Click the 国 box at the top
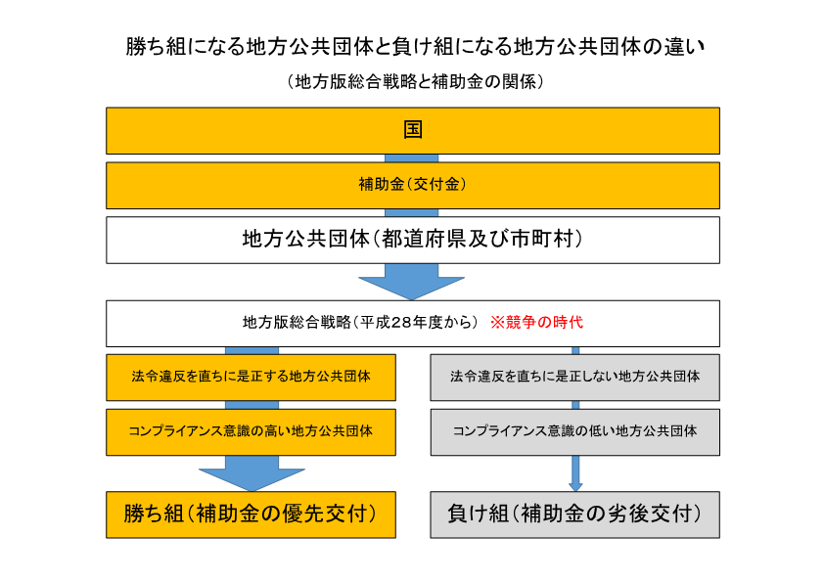(413, 131)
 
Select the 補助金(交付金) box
(413, 186)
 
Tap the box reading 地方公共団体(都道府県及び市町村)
(413, 240)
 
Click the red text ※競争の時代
(536, 322)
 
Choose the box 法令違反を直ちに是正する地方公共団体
(251, 378)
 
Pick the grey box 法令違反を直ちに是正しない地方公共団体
(574, 378)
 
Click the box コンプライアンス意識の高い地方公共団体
(251, 432)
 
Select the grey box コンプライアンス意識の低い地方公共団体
(574, 432)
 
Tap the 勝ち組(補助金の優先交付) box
(251, 515)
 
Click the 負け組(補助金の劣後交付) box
(574, 515)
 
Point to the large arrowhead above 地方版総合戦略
(411, 287)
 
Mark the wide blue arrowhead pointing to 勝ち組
(252, 478)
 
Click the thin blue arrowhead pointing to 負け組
(575, 487)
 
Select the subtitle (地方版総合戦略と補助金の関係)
(415, 81)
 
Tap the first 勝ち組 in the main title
(156, 47)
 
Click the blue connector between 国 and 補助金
(411, 158)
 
